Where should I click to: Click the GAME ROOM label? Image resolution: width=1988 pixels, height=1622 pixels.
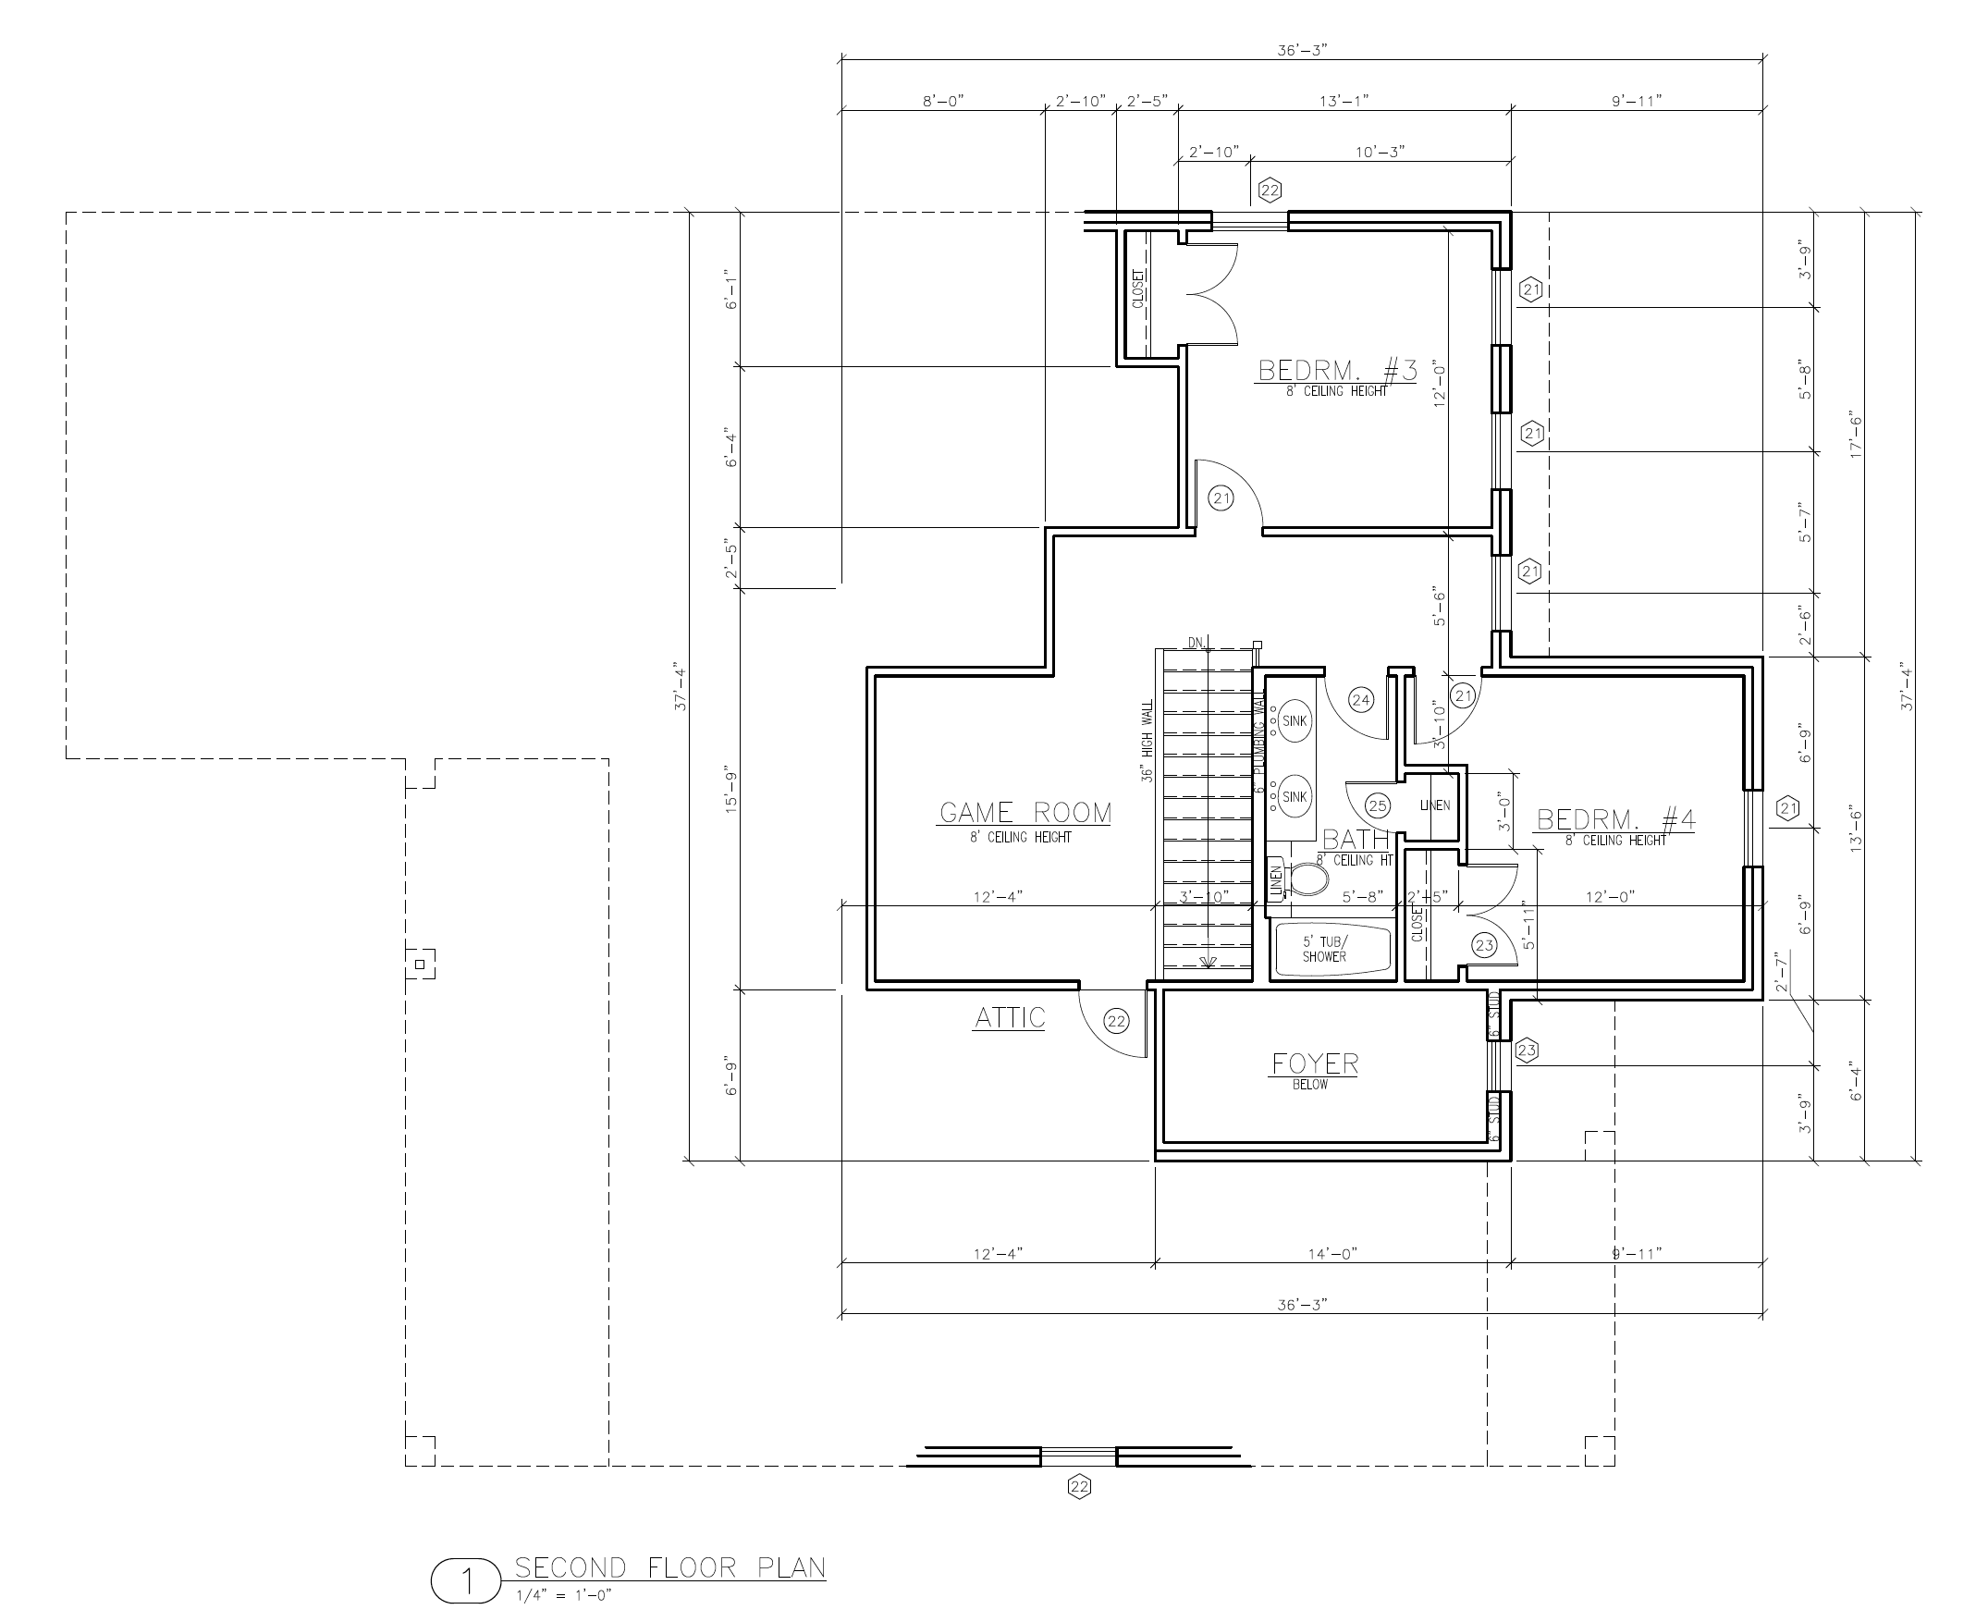click(x=1025, y=814)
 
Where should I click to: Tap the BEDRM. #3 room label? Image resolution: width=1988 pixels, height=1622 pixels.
click(x=1337, y=372)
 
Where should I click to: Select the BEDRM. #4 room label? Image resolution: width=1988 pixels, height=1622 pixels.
click(x=1615, y=820)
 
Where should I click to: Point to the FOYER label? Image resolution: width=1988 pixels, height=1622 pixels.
click(x=1315, y=1063)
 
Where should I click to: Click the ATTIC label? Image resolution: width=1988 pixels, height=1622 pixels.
click(x=1009, y=1017)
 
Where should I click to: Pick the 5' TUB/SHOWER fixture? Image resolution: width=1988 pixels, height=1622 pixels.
click(x=1325, y=951)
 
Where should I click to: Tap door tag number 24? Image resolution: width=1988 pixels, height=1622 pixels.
click(x=1360, y=700)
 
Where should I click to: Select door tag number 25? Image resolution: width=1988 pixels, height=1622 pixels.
click(x=1377, y=805)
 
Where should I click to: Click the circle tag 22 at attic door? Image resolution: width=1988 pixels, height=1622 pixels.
click(x=1116, y=1021)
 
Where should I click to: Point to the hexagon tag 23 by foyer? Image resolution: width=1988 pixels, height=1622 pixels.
click(x=1526, y=1051)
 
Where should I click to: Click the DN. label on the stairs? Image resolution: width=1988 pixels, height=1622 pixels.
click(x=1196, y=643)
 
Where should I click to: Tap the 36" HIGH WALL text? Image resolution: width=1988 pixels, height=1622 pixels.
click(x=1148, y=744)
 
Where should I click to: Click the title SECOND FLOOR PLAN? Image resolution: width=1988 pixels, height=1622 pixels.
click(x=669, y=1567)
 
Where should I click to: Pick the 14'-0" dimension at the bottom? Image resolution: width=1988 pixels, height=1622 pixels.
click(x=1331, y=1254)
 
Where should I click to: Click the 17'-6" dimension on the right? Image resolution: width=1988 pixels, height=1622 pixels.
click(x=1856, y=435)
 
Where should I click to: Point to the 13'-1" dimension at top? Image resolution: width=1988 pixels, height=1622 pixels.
click(x=1344, y=101)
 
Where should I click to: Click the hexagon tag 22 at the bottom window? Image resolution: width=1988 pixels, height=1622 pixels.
click(x=1079, y=1486)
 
